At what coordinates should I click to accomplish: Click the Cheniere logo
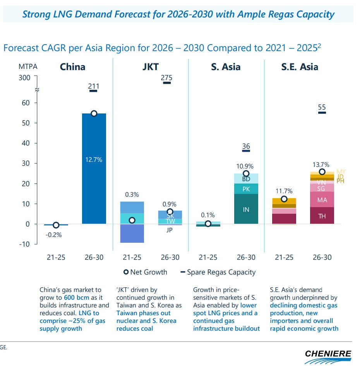(x=327, y=356)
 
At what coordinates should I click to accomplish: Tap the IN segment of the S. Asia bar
(x=246, y=209)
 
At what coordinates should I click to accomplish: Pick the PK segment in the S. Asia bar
(x=246, y=189)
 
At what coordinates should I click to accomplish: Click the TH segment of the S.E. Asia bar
(x=322, y=216)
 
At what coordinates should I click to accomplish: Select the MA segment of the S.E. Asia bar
(x=322, y=200)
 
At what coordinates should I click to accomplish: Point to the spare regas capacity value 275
(x=167, y=78)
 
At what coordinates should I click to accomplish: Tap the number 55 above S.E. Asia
(x=322, y=107)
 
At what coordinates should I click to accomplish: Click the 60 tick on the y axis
(x=26, y=103)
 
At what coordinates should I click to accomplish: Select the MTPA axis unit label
(x=28, y=66)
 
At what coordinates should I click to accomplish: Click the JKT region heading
(x=151, y=67)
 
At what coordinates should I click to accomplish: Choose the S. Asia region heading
(x=226, y=67)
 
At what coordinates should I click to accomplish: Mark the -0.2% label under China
(x=54, y=235)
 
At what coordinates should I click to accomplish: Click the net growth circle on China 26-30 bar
(x=94, y=113)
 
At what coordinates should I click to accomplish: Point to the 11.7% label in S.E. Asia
(x=285, y=191)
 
